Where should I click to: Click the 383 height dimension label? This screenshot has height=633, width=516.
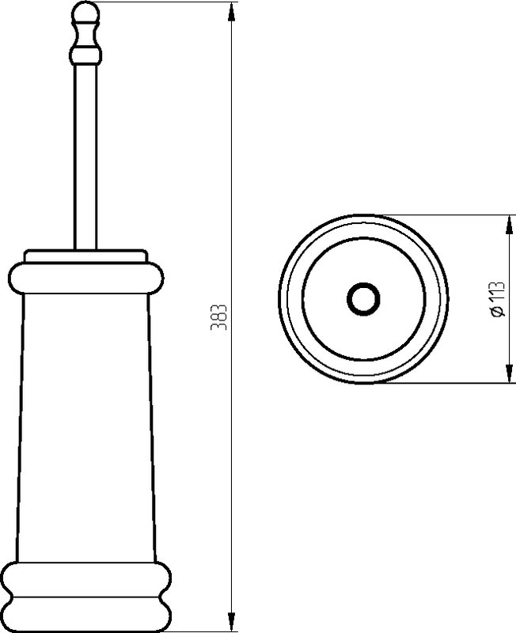coord(218,317)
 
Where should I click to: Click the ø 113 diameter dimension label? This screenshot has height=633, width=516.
coord(498,299)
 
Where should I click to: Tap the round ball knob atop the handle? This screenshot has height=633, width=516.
coord(85,12)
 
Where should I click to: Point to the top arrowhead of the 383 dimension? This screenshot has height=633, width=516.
coord(231,12)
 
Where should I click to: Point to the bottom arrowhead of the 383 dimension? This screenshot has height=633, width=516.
coord(231,622)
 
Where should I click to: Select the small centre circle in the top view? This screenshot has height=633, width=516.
coord(363,299)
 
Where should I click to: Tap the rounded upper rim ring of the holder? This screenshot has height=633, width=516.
coord(86,278)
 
